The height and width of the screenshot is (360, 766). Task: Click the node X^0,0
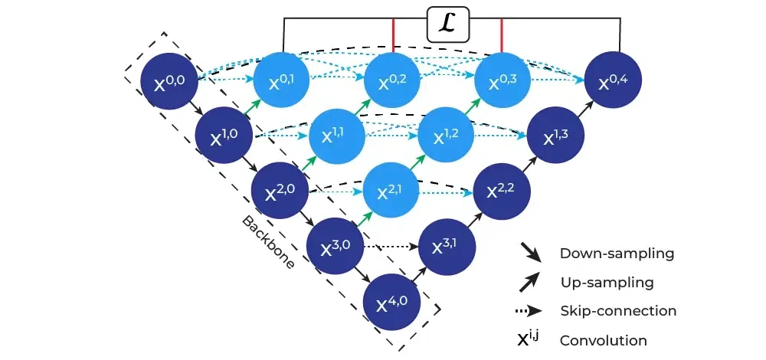(170, 79)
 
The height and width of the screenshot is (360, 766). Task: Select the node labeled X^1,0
(225, 135)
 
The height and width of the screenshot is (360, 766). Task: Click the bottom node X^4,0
(392, 301)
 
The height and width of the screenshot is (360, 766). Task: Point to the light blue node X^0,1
(281, 79)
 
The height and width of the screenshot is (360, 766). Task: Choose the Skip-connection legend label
(618, 311)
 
